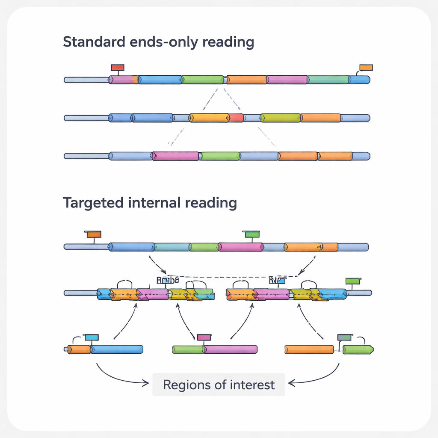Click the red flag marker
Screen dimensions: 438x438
tap(117, 68)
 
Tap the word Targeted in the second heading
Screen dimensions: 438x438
tap(94, 202)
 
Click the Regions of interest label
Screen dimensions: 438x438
tap(219, 385)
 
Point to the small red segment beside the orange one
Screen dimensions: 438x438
tap(236, 118)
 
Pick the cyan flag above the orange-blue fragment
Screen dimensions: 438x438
tap(92, 337)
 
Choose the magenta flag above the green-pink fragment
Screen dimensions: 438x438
tap(204, 337)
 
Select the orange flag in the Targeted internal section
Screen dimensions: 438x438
tap(94, 234)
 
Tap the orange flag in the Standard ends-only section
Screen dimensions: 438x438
tap(366, 68)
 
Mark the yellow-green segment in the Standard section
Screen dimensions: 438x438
tap(280, 118)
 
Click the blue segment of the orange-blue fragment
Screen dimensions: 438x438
tap(117, 349)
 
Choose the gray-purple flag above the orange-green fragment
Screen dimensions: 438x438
tap(344, 337)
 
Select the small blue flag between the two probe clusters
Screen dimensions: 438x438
tap(281, 281)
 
